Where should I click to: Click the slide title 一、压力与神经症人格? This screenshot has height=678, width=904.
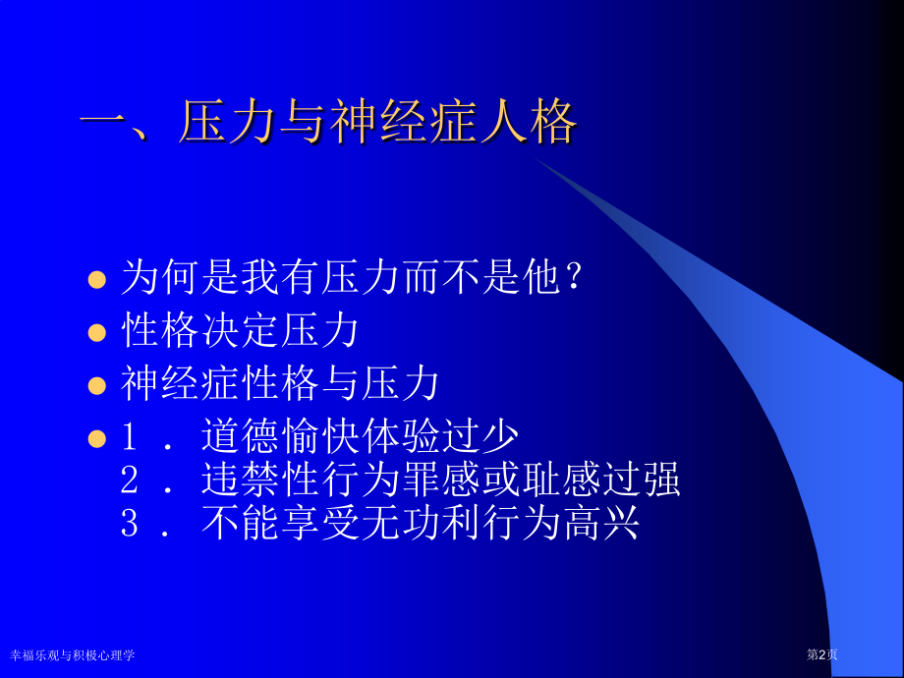[328, 125]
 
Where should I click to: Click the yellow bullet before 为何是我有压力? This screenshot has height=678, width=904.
[96, 280]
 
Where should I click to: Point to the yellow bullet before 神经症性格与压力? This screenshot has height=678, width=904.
[96, 385]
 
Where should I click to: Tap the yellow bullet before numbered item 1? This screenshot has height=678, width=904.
[96, 436]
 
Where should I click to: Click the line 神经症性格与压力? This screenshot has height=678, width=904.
[280, 384]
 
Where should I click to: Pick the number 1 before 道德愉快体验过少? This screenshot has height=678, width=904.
[130, 436]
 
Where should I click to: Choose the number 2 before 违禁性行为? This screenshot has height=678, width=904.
[130, 480]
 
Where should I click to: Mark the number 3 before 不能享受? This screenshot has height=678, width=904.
[130, 524]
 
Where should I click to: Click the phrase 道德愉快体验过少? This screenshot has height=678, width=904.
[360, 436]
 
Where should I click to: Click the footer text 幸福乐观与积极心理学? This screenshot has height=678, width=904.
[72, 654]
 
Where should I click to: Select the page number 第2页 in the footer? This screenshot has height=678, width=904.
[822, 654]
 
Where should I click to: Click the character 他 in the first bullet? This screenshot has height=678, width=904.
[539, 279]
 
